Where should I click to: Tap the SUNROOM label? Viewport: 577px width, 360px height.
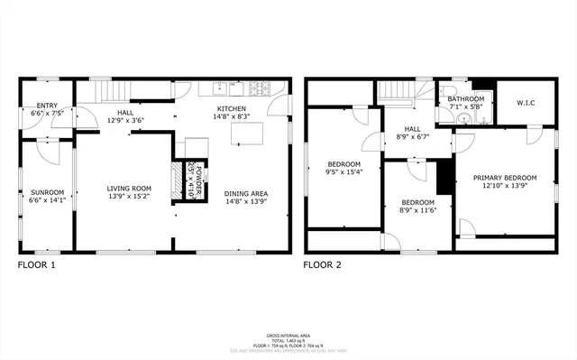(47, 191)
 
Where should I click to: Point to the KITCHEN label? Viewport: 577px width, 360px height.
(231, 108)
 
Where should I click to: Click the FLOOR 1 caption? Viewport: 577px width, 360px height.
(37, 265)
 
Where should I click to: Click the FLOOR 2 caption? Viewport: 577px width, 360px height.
(322, 265)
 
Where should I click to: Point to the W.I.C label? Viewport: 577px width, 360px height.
(526, 103)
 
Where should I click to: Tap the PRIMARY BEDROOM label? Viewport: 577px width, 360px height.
(505, 178)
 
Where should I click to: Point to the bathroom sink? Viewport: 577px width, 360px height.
(463, 118)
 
